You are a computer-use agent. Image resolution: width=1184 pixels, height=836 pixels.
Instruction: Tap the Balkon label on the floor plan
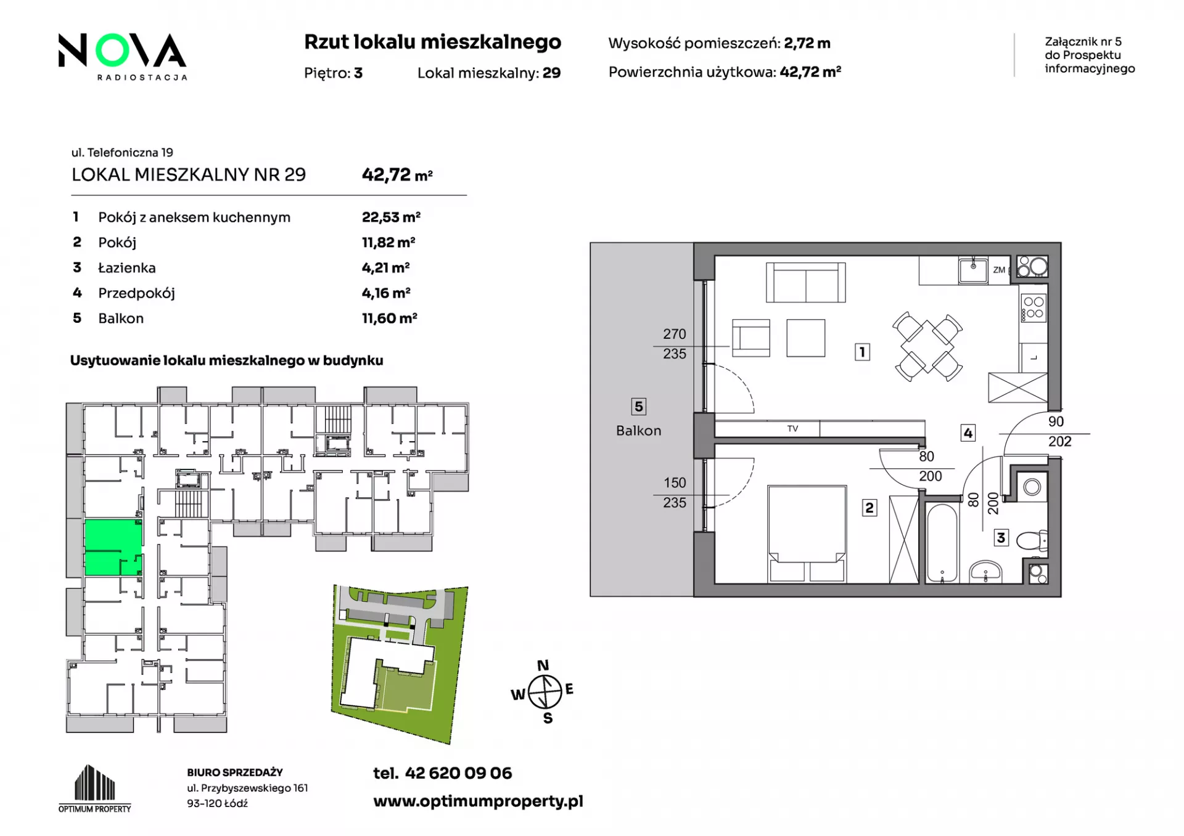click(638, 431)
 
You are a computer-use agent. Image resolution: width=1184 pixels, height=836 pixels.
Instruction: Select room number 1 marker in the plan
click(862, 352)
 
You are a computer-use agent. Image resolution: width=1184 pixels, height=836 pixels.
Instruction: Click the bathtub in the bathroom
click(942, 543)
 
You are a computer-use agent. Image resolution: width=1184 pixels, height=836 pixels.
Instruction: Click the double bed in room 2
click(807, 534)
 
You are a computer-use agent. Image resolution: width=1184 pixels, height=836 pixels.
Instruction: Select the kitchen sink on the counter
click(973, 270)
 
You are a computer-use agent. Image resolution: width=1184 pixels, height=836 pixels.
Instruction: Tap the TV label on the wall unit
click(792, 428)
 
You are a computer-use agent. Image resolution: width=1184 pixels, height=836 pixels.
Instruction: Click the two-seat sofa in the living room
click(805, 283)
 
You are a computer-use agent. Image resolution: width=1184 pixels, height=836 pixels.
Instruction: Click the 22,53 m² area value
click(391, 217)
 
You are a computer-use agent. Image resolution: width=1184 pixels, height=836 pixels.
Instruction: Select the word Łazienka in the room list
click(127, 268)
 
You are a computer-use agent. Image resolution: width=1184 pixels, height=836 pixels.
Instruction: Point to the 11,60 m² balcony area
click(389, 319)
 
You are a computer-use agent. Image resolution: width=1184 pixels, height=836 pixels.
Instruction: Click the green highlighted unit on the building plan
click(113, 547)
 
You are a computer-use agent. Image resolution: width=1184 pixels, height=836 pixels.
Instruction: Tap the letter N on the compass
click(543, 665)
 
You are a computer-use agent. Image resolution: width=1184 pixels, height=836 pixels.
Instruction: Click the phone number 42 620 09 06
click(458, 773)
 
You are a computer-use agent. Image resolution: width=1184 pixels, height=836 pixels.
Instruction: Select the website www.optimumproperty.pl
click(478, 802)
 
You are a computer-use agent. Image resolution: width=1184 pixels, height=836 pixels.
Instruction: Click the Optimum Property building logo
click(95, 789)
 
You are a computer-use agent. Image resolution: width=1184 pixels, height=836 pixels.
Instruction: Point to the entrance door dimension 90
click(1056, 421)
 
